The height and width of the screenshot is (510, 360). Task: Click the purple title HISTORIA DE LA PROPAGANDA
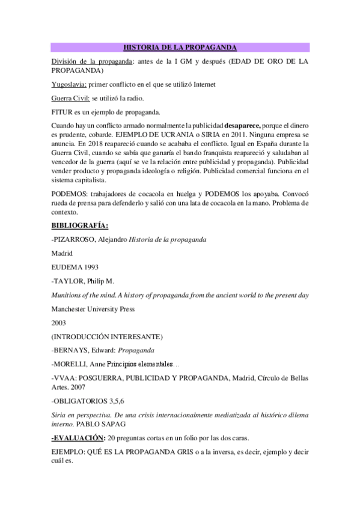pyautogui.click(x=180, y=47)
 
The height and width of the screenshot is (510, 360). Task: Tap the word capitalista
pyautogui.click(x=88, y=179)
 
